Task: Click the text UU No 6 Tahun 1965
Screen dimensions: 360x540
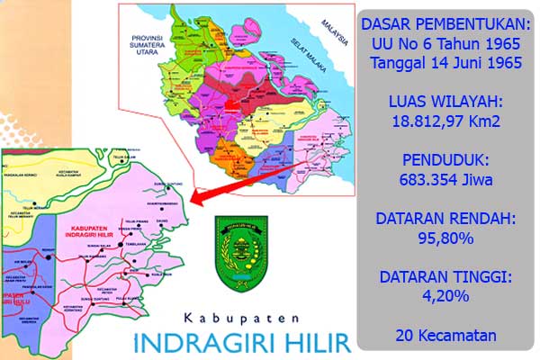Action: click(x=446, y=44)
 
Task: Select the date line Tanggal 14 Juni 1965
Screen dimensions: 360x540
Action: click(x=446, y=64)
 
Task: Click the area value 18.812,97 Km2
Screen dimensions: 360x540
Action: click(x=446, y=123)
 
